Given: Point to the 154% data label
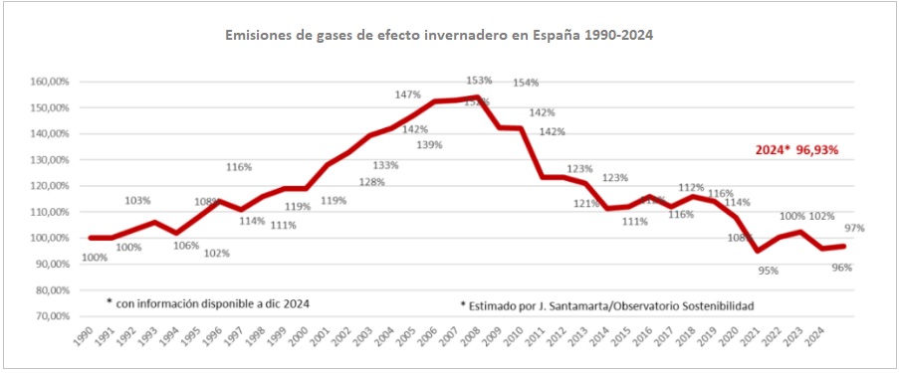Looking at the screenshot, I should coord(526,83).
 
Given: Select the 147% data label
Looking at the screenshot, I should coord(407,95).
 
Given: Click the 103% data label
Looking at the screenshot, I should coord(137,201).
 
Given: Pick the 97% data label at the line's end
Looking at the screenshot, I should coord(853,228).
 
